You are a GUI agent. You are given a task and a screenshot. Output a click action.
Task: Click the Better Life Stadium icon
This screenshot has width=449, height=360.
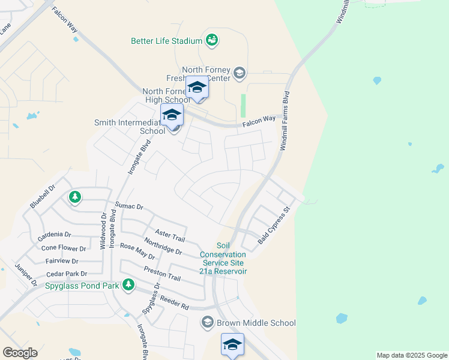pos(211,40)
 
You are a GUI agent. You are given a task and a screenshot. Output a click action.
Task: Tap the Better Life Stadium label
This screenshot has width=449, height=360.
pos(167,41)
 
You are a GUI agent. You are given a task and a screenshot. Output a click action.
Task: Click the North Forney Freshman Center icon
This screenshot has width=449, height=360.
pos(240,73)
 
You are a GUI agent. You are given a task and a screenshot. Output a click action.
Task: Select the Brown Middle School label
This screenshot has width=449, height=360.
pos(256,323)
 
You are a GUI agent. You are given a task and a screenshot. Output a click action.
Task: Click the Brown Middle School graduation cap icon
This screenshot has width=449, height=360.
pos(208,323)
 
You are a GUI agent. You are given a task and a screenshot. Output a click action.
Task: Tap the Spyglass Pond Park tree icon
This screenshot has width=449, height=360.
pos(128,284)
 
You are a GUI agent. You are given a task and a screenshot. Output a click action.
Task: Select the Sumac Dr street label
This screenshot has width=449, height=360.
pos(129,206)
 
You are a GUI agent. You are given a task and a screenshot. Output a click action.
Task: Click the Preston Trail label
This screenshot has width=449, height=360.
pos(162,274)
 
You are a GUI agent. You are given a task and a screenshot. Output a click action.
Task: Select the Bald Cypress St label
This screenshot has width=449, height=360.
pos(274,225)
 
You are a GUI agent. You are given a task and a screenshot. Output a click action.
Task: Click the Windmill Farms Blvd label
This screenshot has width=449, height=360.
pos(285,121)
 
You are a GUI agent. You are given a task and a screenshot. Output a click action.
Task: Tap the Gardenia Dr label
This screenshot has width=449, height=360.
pos(54,235)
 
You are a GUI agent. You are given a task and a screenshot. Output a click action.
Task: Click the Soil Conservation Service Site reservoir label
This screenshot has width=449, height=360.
pos(223,258)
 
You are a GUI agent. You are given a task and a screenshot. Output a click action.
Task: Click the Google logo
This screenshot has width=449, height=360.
pos(20,353)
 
